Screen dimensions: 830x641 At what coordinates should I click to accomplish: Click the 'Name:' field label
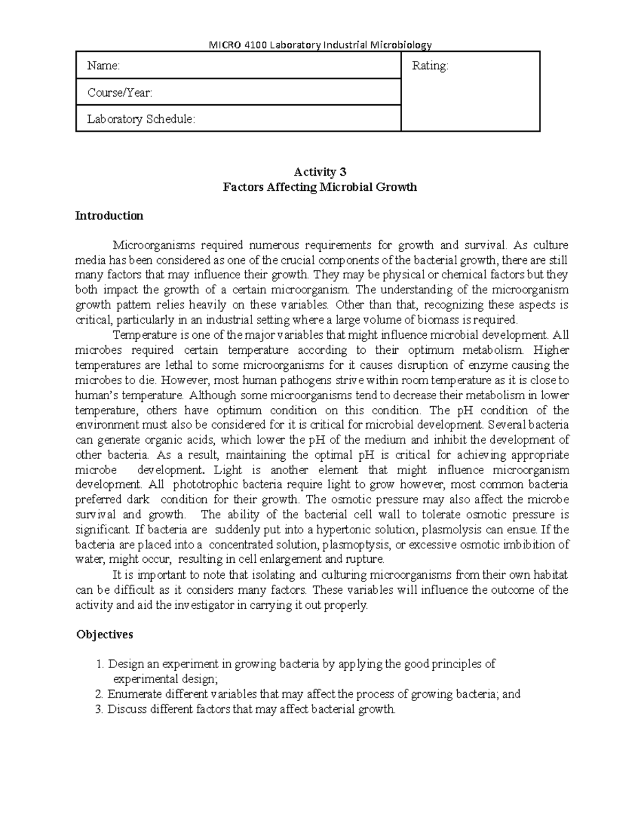[x=104, y=66]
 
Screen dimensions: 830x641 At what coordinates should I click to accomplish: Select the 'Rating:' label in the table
[x=430, y=66]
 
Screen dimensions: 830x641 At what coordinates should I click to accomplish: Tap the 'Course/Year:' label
[x=120, y=92]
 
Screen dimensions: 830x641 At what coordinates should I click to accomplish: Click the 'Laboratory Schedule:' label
[x=141, y=119]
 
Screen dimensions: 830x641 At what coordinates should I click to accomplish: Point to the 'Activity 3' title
[x=320, y=172]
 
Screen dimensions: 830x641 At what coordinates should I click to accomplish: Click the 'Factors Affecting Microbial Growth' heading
[x=319, y=187]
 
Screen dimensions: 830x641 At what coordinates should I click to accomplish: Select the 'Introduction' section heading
[x=109, y=215]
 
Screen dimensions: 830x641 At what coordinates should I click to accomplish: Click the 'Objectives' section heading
[x=104, y=634]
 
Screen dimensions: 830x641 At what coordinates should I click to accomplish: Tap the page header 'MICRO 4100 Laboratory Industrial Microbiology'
[x=319, y=44]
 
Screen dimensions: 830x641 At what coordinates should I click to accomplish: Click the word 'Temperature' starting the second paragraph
[x=141, y=335]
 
